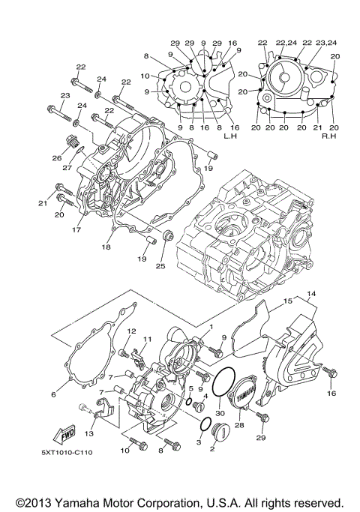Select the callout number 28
[x=238, y=425]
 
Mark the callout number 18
[x=107, y=246]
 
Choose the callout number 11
[x=147, y=339]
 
